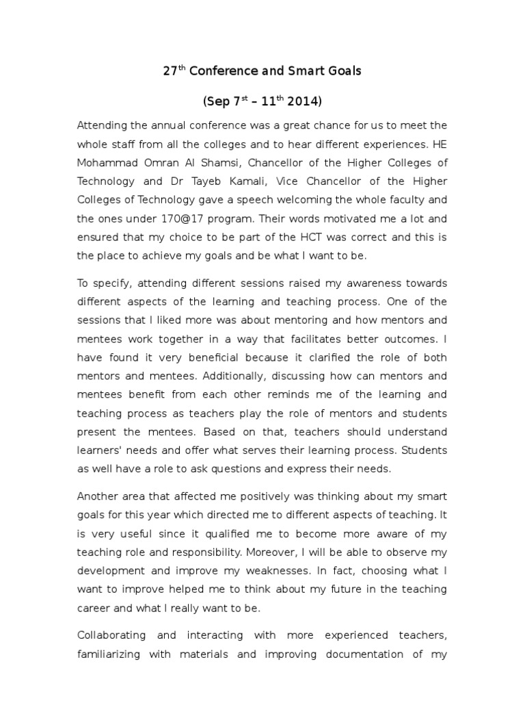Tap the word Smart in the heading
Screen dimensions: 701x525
[x=293, y=71]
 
